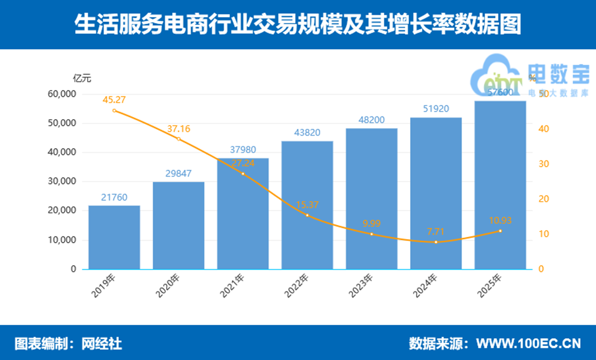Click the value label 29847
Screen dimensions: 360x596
pos(178,174)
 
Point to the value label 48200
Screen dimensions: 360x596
pos(372,120)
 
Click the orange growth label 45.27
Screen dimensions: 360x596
pos(114,99)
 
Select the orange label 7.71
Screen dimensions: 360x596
pos(436,231)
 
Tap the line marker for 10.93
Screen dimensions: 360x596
pos(500,231)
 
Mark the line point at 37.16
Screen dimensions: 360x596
pos(179,139)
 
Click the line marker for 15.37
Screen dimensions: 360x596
pos(307,215)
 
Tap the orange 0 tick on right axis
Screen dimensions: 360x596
pos(541,269)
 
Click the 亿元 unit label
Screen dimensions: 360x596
pos(82,78)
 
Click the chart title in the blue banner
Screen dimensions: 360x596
pos(298,25)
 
